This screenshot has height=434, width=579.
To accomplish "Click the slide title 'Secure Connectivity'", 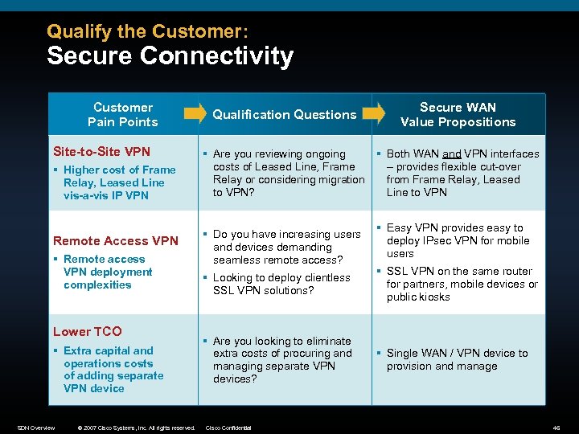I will coord(170,56).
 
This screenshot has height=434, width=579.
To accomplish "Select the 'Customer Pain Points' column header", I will coord(122,114).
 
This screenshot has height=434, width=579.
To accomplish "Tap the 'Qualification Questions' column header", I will coord(284,114).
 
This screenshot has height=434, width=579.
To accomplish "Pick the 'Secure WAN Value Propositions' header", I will coord(458,114).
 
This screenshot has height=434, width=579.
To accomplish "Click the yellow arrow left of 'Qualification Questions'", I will coord(195,113).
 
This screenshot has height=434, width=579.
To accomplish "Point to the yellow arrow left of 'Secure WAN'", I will coord(372,113).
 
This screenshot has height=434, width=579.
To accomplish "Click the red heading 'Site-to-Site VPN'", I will coord(101,151).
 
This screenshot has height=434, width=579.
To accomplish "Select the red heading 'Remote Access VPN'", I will coord(116,240).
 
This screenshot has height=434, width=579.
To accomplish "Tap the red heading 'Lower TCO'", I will coord(87,331).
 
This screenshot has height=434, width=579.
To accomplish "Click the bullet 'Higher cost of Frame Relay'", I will coord(118,182).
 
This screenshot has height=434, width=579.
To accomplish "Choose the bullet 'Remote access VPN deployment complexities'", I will coord(104,272).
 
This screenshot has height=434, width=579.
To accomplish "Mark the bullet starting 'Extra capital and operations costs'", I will coord(113,369).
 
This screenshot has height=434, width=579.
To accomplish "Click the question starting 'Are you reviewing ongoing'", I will coord(287,173).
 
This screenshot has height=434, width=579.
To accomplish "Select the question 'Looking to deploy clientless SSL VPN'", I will coord(281,284).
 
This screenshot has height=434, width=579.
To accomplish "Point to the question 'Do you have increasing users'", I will coord(286,247).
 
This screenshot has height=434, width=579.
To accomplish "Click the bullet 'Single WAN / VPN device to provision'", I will coord(456,359).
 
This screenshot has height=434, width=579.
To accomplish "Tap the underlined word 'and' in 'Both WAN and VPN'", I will coord(451,154).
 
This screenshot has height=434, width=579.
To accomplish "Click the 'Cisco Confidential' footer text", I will coord(229,428).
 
